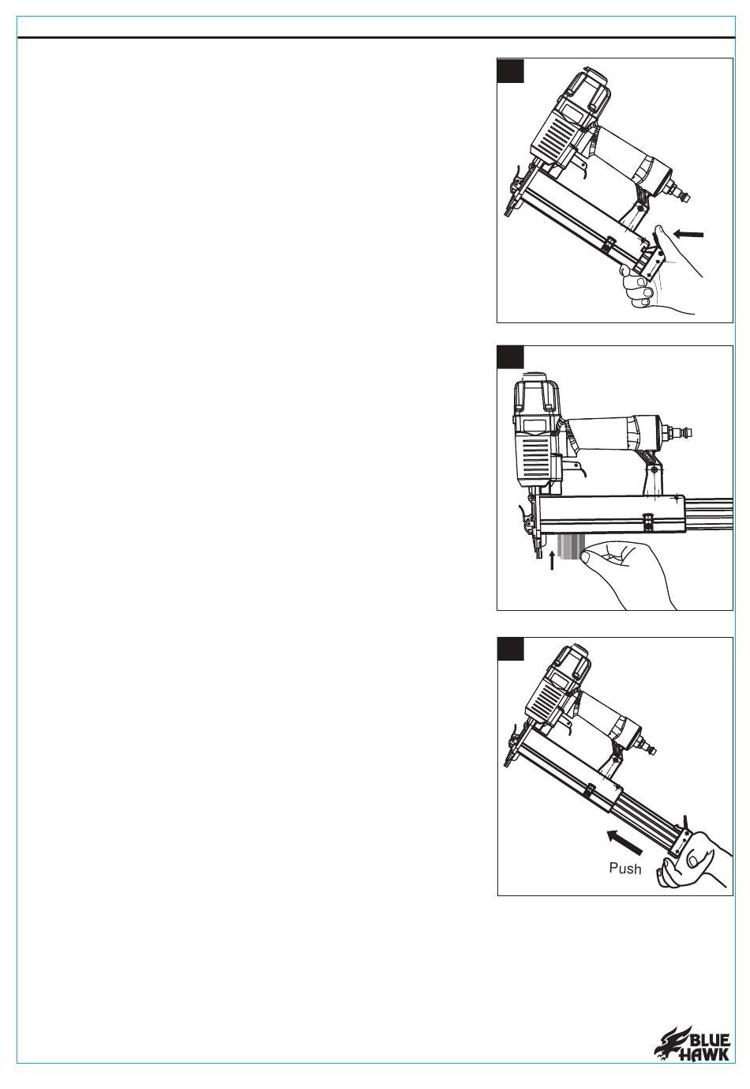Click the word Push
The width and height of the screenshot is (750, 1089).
coord(624,868)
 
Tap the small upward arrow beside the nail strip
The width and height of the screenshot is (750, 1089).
coord(551,560)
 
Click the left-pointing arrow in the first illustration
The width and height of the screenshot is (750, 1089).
coord(688,235)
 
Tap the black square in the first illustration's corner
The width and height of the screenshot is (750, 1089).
coord(511,70)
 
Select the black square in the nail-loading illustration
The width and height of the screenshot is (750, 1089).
coord(511,357)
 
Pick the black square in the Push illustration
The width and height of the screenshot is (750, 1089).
coord(511,649)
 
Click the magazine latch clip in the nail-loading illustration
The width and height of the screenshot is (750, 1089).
coord(647,521)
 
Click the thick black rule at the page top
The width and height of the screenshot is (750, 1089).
coord(377,37)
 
